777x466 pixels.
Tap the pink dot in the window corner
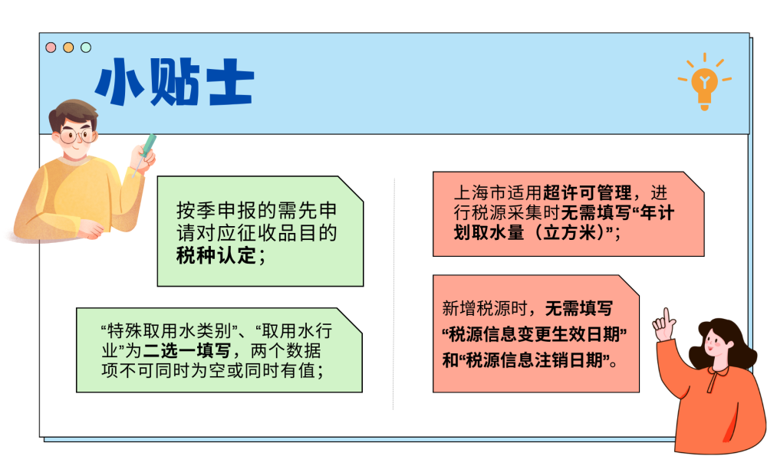click(x=51, y=48)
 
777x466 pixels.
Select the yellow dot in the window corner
click(x=68, y=48)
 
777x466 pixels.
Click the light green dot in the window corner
click(x=86, y=48)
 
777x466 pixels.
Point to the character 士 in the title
click(x=227, y=82)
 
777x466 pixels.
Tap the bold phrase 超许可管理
click(x=587, y=192)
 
